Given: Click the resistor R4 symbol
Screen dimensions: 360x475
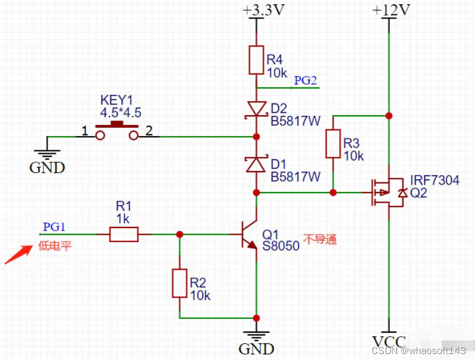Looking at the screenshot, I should (256, 60).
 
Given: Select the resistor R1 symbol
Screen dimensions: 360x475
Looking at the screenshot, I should (124, 235).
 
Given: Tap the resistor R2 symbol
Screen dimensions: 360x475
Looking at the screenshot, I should (180, 283).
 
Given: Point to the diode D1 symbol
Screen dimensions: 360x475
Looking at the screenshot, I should (256, 163).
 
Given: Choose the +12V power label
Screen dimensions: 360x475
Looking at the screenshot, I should (390, 10).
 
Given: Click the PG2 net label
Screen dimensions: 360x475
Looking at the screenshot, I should (306, 81).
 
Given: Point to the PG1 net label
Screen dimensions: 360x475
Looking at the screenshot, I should (54, 227).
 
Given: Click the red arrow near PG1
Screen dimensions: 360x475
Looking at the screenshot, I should (18, 255).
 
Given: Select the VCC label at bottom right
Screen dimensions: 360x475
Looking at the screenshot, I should (389, 342).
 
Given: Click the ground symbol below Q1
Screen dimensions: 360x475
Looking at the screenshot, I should (256, 336).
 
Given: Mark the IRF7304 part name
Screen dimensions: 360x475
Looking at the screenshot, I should (435, 181).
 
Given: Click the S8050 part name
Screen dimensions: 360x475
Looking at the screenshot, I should (281, 245).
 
